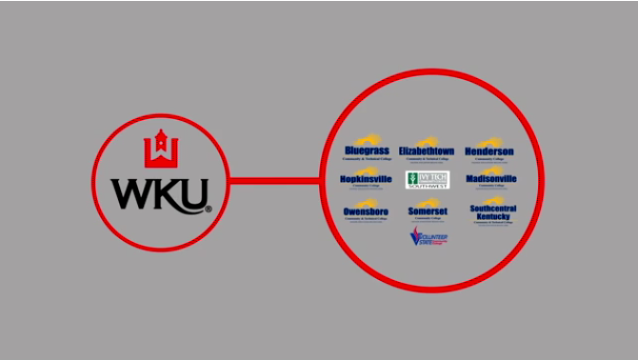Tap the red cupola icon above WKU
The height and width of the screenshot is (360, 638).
(x=161, y=148)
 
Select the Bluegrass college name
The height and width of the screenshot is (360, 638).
(x=367, y=151)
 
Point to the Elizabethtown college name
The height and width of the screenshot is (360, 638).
(x=427, y=151)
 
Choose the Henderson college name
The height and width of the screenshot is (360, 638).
(x=489, y=151)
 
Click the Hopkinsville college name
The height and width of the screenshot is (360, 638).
(x=366, y=178)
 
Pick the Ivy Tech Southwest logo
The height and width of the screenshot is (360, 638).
(x=428, y=180)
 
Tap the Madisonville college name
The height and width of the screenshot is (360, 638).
(x=491, y=178)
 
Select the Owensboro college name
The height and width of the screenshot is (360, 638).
(x=366, y=210)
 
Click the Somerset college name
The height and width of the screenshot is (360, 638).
(x=427, y=210)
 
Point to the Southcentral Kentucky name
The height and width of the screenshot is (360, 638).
(x=492, y=212)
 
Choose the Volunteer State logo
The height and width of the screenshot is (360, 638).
(x=428, y=237)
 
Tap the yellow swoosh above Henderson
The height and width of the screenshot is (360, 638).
(x=491, y=141)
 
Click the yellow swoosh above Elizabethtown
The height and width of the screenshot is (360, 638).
(x=428, y=141)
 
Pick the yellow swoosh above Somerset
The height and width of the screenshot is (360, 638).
(x=428, y=200)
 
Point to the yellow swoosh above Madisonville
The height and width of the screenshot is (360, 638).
(x=492, y=169)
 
